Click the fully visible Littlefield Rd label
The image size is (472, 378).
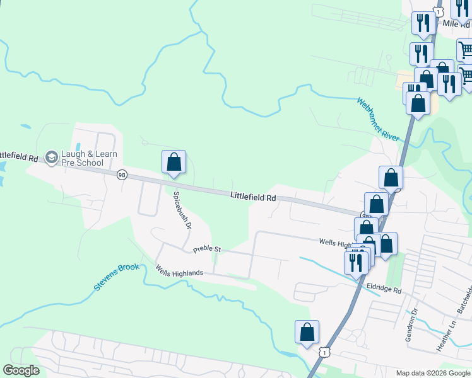point(253,197)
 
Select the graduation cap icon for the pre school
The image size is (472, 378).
point(52,157)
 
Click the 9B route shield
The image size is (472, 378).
point(122,174)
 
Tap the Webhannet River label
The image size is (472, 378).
point(379,119)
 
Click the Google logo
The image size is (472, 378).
point(21,370)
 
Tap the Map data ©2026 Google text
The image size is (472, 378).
point(432,373)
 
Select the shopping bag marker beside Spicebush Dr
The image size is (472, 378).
point(174,162)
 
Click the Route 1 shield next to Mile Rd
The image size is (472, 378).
point(437,12)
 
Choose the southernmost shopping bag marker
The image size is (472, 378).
point(307,332)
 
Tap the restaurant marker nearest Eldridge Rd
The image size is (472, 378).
point(356,261)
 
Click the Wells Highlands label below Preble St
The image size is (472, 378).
point(180,272)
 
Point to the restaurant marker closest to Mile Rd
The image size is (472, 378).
point(422,23)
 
